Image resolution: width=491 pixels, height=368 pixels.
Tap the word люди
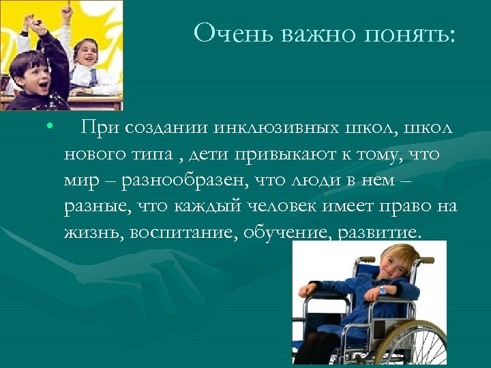pyautogui.click(x=307, y=181)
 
